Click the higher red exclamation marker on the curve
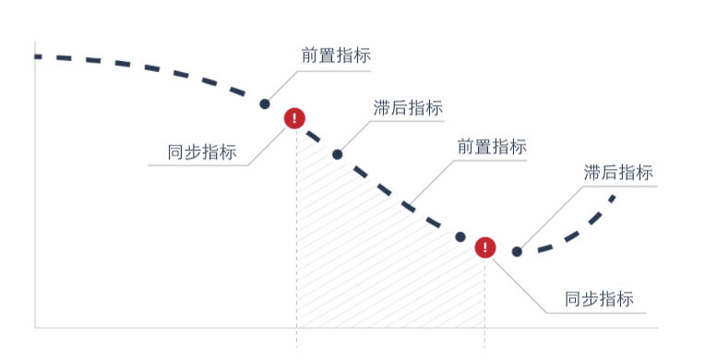coord(294,118)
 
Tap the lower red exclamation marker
coord(485,247)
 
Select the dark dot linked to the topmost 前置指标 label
coord(265,104)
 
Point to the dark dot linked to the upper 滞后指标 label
coord(337,154)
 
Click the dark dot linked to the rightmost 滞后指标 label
coord(517,251)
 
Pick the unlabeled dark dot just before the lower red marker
coord(460,237)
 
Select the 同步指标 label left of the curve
coord(202,153)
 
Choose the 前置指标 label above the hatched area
coord(492,147)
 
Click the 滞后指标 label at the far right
coord(618,173)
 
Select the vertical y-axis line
coord(35,185)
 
